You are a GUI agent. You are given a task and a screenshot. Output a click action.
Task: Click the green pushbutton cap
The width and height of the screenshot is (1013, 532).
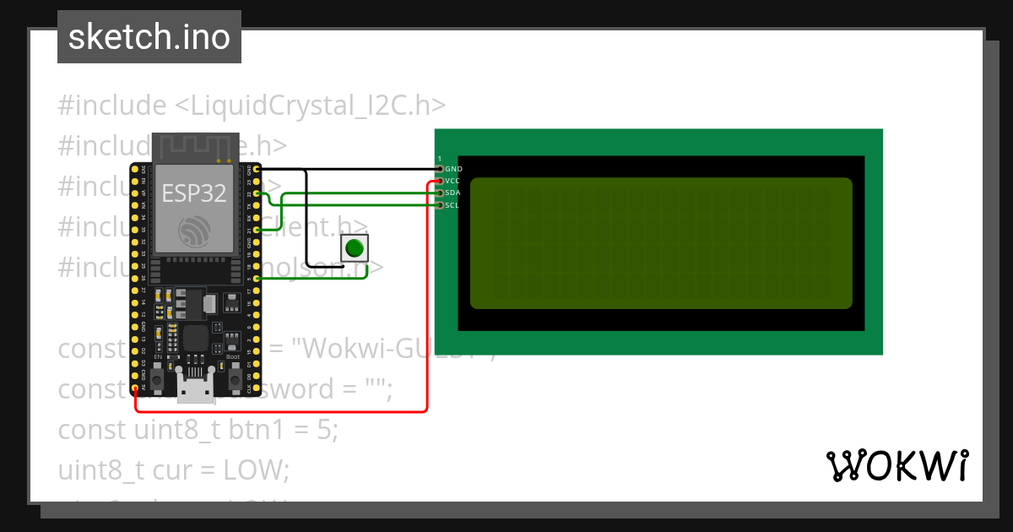(355, 248)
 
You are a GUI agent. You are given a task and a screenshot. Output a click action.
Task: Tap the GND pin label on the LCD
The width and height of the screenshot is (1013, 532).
(453, 169)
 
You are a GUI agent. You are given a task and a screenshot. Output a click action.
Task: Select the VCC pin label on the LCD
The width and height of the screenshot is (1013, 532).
(453, 181)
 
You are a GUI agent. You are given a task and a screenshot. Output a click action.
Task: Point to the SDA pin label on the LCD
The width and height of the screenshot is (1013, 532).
(453, 193)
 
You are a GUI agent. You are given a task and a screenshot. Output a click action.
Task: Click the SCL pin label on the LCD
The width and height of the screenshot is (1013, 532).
(452, 204)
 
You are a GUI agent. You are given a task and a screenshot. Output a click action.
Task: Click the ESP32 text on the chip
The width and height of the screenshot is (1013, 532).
(194, 193)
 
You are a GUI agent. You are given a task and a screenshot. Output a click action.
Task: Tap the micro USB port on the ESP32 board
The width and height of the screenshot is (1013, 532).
(195, 389)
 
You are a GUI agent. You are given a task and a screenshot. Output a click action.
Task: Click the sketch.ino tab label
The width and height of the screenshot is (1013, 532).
(149, 37)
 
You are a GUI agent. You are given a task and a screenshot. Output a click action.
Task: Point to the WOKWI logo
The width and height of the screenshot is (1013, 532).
(897, 465)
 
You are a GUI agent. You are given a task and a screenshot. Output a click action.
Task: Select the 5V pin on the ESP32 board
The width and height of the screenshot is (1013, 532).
(137, 388)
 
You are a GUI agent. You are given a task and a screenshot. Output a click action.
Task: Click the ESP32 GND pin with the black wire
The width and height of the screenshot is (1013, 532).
(257, 170)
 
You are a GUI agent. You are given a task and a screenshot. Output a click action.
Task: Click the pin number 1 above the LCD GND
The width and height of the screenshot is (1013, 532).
(440, 159)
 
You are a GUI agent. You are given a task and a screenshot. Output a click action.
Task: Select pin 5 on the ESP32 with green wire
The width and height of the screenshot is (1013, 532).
(257, 279)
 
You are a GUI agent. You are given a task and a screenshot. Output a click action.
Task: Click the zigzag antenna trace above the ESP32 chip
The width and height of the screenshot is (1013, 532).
(194, 148)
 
